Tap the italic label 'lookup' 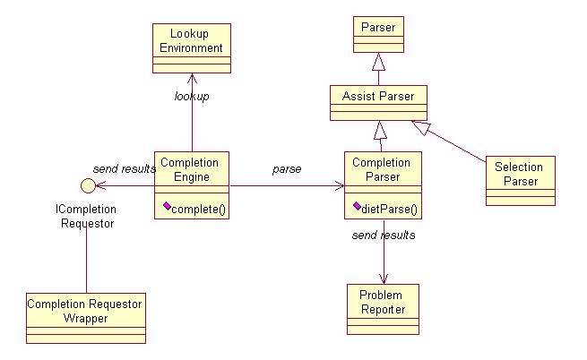coord(192,96)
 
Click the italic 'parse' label coord(287,168)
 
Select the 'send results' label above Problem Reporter coord(384,235)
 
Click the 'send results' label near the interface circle coord(124,168)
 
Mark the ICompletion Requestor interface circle coord(87,186)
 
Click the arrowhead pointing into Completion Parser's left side coord(339,186)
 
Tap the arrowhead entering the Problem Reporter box coord(383,279)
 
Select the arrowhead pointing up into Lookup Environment coord(192,78)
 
